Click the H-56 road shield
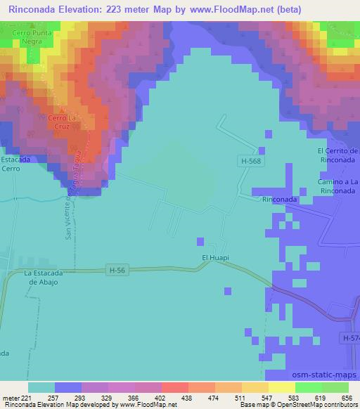118,268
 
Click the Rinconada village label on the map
278,199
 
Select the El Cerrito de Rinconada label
338,155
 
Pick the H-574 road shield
351,338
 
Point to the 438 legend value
188,397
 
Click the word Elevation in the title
86,10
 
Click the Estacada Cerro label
15,164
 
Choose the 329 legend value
108,397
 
